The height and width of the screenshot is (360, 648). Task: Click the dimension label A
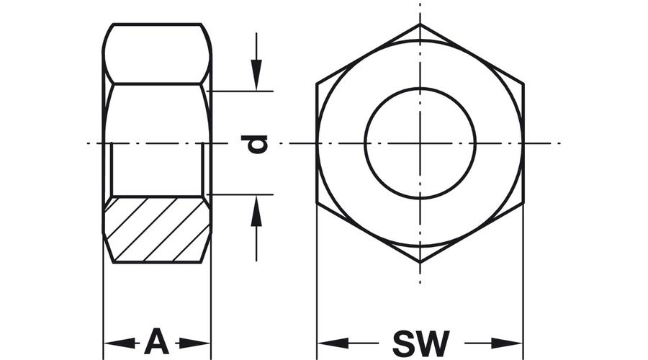(x=157, y=341)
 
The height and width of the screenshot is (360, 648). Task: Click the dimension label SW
(x=420, y=343)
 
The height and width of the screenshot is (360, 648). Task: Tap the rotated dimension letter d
(x=255, y=144)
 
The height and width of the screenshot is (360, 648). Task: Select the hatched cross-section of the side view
(x=157, y=230)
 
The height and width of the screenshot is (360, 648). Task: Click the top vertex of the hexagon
(x=420, y=24)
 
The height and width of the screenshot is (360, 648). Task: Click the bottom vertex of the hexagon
(x=420, y=263)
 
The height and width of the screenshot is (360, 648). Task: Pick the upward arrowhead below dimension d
(x=256, y=211)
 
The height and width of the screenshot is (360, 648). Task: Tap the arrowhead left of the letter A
(x=119, y=343)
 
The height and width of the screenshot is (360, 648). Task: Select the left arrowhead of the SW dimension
(x=333, y=343)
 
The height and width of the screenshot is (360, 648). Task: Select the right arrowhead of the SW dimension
(x=507, y=343)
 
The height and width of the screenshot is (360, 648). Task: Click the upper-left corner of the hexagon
(x=317, y=84)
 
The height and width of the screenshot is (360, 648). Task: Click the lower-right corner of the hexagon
(x=523, y=203)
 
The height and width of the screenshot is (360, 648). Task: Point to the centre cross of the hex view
(x=420, y=143)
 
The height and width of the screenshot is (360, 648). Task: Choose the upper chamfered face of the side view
(x=157, y=54)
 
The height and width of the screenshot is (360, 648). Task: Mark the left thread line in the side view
(x=112, y=168)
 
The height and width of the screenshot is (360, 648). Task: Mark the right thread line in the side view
(x=202, y=168)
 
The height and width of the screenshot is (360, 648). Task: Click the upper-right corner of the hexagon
(x=523, y=84)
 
